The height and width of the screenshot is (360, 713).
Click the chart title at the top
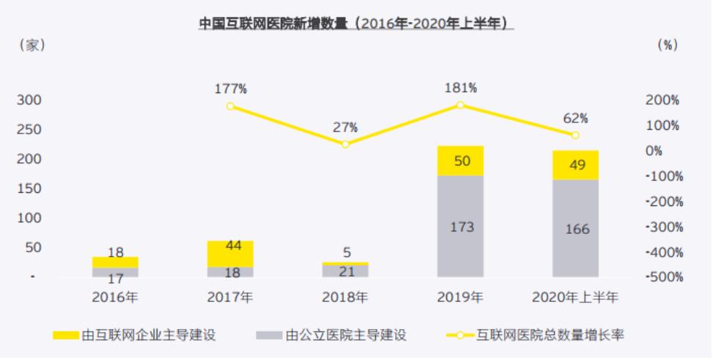pyautogui.click(x=356, y=23)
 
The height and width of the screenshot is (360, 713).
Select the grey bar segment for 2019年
pyautogui.click(x=460, y=226)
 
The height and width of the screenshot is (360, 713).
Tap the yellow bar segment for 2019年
pyautogui.click(x=460, y=161)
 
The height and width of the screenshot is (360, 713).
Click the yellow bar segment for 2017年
pyautogui.click(x=230, y=254)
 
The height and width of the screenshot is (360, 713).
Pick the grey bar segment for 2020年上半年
pyautogui.click(x=575, y=228)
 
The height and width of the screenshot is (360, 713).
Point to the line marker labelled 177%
pyautogui.click(x=230, y=106)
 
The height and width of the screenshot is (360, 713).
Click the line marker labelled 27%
pyautogui.click(x=345, y=144)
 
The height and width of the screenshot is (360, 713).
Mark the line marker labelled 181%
pyautogui.click(x=460, y=105)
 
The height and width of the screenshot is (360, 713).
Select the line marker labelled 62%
pyautogui.click(x=575, y=136)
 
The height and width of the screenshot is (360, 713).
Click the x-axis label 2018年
pyautogui.click(x=345, y=298)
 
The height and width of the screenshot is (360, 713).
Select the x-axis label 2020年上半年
pyautogui.click(x=575, y=298)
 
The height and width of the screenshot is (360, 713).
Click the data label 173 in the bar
pyautogui.click(x=461, y=227)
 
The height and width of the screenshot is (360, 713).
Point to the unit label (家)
pyautogui.click(x=32, y=45)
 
